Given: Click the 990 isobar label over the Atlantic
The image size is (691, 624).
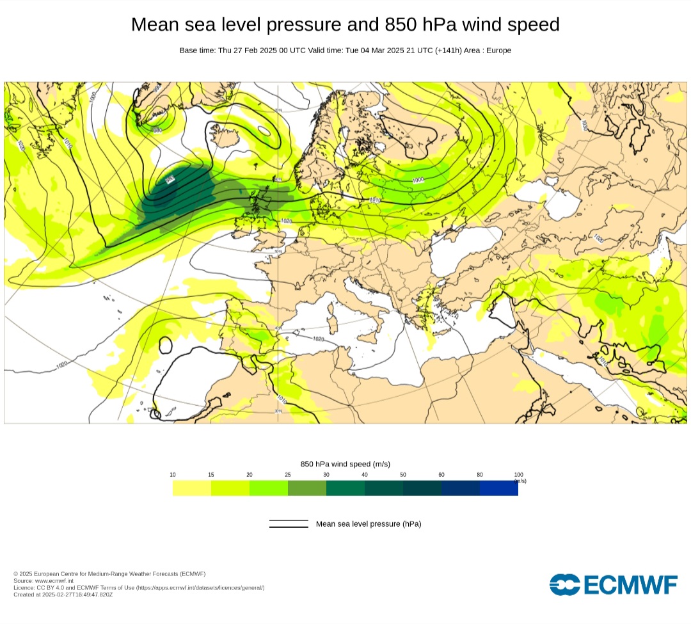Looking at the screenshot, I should (170, 180).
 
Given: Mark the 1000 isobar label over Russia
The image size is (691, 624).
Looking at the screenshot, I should (418, 180).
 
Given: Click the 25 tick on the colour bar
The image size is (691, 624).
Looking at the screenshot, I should (288, 474).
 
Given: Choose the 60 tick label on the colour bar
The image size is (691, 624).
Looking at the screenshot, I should (441, 474).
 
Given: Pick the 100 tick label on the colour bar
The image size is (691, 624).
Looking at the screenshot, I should (518, 474).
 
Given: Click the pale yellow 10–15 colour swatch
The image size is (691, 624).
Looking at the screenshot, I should (192, 488).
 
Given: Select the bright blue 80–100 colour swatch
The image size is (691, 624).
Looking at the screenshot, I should (499, 488).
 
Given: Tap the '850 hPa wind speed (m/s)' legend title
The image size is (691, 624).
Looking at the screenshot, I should (345, 464).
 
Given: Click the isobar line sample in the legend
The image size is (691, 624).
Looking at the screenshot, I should (289, 524).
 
